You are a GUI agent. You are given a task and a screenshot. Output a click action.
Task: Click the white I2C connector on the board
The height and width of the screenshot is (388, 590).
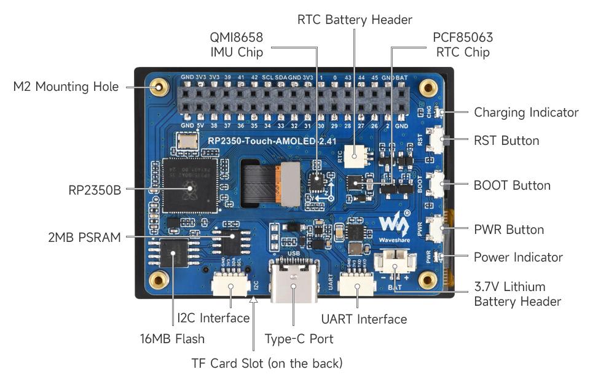(x=229, y=285)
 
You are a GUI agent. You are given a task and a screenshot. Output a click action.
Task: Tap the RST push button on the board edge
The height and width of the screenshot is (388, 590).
(x=438, y=141)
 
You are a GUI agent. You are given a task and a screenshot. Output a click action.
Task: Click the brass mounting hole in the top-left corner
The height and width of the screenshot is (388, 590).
(x=159, y=87)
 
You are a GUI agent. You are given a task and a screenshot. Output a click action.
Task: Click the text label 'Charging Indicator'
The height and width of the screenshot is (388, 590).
(x=526, y=112)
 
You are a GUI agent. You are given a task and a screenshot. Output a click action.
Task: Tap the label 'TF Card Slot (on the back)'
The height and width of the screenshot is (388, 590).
(x=267, y=363)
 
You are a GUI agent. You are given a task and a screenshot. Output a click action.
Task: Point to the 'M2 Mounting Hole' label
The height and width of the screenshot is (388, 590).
(x=66, y=87)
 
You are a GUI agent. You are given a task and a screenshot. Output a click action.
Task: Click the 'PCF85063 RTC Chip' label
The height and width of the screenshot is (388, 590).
(x=462, y=45)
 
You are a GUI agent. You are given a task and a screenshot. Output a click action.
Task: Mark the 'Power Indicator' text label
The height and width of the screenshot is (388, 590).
(x=518, y=257)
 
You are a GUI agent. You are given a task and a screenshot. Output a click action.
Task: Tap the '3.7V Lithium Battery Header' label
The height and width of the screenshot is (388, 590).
(x=517, y=293)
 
